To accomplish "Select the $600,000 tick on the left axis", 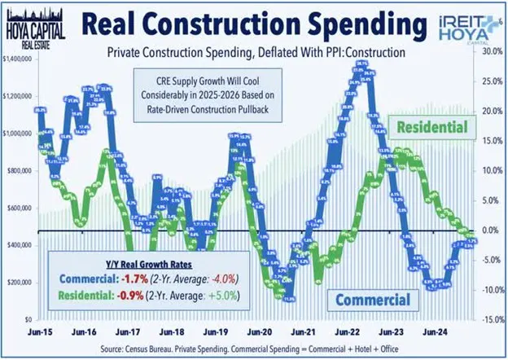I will [18, 208].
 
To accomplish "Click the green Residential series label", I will [431, 127].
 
